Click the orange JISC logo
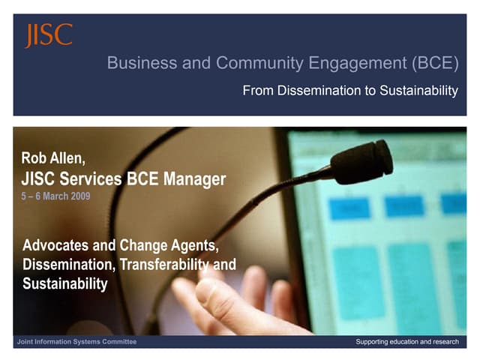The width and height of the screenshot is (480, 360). (x=48, y=35)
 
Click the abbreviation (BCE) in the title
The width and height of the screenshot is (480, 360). (x=435, y=64)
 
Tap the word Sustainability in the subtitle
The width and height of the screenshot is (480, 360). (x=418, y=91)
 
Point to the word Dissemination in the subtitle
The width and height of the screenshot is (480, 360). (x=310, y=91)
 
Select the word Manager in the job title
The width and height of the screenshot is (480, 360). (x=189, y=178)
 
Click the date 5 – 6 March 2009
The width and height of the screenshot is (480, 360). (x=56, y=196)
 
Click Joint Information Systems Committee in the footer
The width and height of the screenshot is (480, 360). (x=76, y=342)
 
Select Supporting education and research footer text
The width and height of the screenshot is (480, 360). (x=406, y=342)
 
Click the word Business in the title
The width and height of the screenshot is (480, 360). (x=136, y=64)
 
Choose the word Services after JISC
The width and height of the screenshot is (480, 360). (x=105, y=178)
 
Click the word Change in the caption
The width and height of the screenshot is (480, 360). (x=147, y=245)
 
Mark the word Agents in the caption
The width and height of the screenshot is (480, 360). (x=196, y=245)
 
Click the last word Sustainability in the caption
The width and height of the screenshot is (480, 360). (x=65, y=283)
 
